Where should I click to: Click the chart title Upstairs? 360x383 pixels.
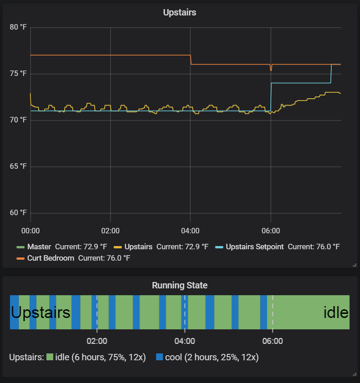click(x=179, y=13)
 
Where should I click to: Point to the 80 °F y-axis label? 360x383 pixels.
click(x=18, y=27)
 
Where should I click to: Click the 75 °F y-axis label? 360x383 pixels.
click(x=18, y=74)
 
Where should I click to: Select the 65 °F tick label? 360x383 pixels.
click(x=18, y=166)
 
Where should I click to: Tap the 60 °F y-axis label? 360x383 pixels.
click(x=18, y=213)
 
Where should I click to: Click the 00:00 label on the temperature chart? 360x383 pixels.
click(x=30, y=231)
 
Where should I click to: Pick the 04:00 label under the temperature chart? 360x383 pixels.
click(x=190, y=231)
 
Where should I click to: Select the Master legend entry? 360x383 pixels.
click(x=39, y=247)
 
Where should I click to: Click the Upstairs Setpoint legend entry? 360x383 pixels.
click(x=254, y=247)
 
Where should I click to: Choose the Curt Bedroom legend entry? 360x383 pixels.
click(x=51, y=258)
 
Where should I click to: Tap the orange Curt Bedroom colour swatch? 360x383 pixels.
click(x=20, y=258)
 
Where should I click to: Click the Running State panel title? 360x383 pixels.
click(x=179, y=286)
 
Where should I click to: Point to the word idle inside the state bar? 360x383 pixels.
click(x=336, y=312)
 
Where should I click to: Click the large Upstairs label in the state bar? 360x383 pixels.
click(x=41, y=312)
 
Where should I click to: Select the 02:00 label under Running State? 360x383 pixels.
click(x=96, y=341)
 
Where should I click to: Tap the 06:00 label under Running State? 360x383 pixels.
click(x=273, y=341)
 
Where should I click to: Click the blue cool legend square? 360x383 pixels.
click(x=159, y=357)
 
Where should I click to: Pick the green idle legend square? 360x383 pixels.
click(x=50, y=357)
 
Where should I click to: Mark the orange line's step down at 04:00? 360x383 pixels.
click(x=191, y=60)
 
